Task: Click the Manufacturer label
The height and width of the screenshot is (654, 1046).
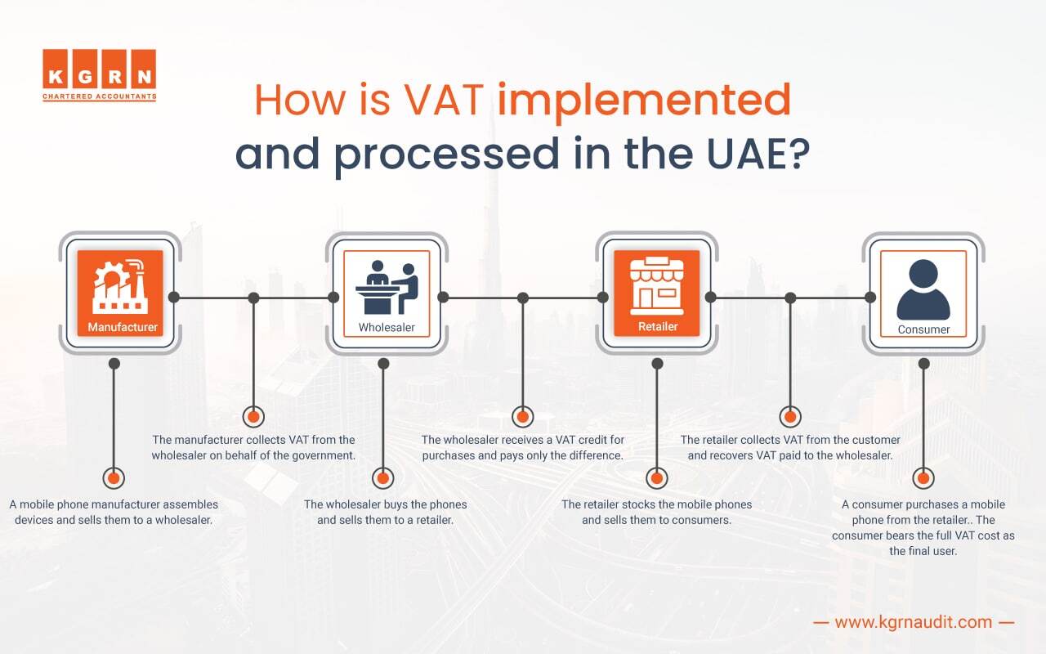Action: pyautogui.click(x=123, y=328)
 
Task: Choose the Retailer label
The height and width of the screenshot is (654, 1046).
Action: pyautogui.click(x=658, y=327)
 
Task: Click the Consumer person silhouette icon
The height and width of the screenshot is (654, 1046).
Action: pyautogui.click(x=923, y=289)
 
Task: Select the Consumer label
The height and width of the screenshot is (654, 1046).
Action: pyautogui.click(x=923, y=329)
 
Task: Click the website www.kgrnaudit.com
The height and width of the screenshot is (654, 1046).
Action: pyautogui.click(x=914, y=622)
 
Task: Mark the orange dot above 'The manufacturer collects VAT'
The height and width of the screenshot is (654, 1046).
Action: pyautogui.click(x=254, y=416)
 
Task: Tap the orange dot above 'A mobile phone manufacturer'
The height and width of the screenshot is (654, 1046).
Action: pyautogui.click(x=114, y=478)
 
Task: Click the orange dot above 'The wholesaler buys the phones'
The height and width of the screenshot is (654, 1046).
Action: pyautogui.click(x=382, y=478)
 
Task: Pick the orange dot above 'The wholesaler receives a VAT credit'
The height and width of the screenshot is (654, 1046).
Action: pyautogui.click(x=522, y=416)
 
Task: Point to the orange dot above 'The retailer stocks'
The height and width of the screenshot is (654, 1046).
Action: pyautogui.click(x=656, y=478)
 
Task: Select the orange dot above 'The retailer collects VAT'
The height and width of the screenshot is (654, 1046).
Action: pyautogui.click(x=789, y=416)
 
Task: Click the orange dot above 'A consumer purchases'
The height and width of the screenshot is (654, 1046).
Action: pyautogui.click(x=923, y=478)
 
